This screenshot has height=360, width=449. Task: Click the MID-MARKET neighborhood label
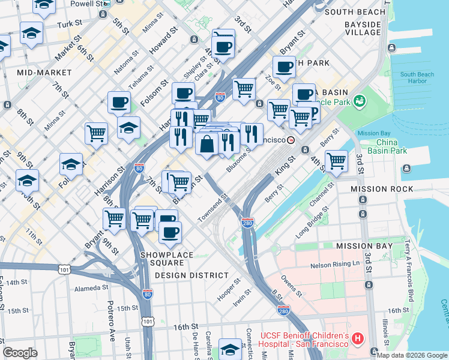click(x=44, y=72)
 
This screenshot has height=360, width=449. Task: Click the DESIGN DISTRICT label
click(x=191, y=275)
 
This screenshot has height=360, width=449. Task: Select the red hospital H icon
click(x=358, y=339)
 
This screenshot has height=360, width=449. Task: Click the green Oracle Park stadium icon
click(x=360, y=101)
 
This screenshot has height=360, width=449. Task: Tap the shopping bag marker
click(x=206, y=144)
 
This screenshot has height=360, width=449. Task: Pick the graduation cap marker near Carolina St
click(x=231, y=348)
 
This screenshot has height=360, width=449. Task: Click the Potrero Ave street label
click(x=111, y=318)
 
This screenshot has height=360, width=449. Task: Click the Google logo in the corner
click(x=20, y=353)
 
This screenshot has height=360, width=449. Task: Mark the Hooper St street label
click(x=229, y=289)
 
